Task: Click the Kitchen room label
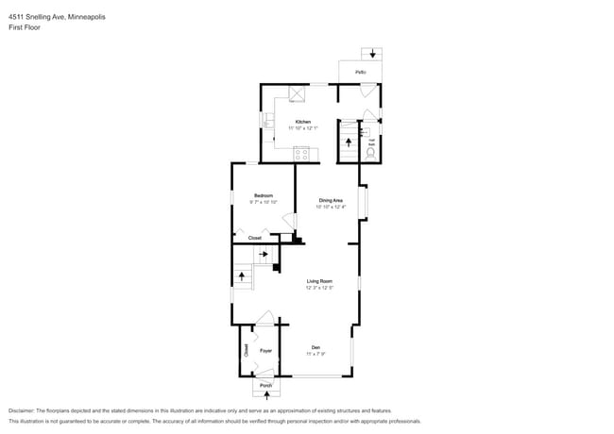(x=302, y=122)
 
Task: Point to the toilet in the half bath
(x=370, y=151)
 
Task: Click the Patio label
(x=360, y=73)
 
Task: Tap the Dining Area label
(x=331, y=200)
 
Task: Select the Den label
(x=315, y=349)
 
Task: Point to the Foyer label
(x=266, y=351)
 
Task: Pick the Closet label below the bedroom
(x=255, y=238)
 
